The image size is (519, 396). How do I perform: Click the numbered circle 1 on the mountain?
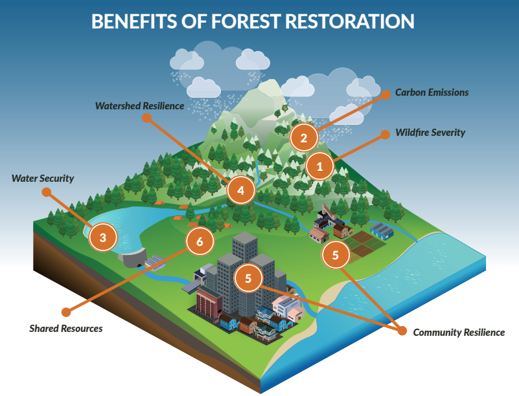[319, 167]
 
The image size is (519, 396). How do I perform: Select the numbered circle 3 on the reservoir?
[102, 237]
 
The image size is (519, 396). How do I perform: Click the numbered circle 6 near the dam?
[200, 241]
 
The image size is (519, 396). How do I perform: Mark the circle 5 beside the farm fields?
[335, 255]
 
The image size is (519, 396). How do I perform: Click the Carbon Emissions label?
[432, 93]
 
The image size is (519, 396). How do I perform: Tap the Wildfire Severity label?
[430, 133]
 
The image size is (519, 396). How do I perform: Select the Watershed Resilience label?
[139, 105]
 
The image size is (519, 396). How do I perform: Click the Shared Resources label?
[65, 329]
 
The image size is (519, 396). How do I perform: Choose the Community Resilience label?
[459, 333]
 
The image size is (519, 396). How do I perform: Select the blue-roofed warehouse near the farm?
[382, 231]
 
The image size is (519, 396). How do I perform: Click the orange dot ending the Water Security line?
[45, 192]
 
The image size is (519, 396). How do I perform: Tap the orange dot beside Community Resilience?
[401, 332]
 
